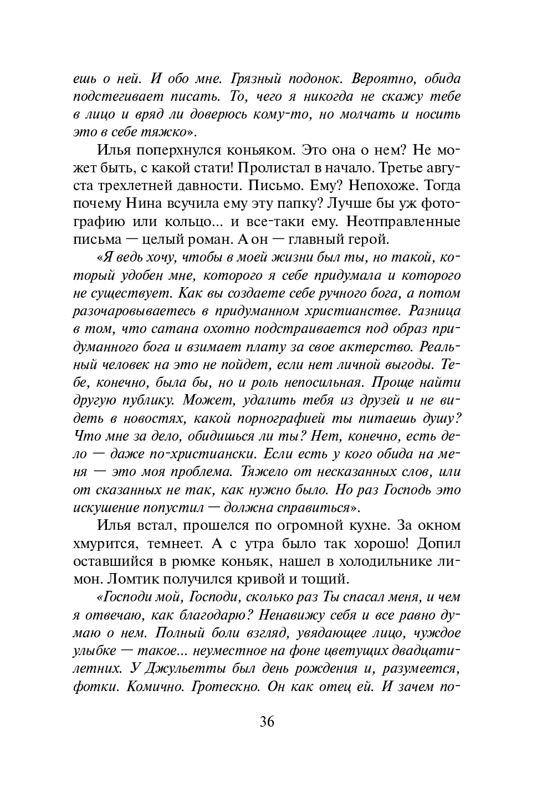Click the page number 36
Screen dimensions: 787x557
click(267, 722)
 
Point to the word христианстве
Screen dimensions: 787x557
click(355, 311)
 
